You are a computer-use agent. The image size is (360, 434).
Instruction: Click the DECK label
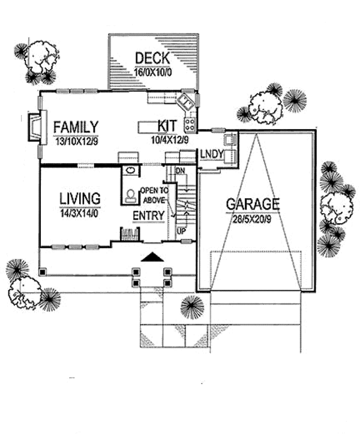pyautogui.click(x=152, y=58)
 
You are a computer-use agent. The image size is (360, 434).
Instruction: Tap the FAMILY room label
pyautogui.click(x=76, y=127)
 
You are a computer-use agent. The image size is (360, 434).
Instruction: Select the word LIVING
pyautogui.click(x=80, y=198)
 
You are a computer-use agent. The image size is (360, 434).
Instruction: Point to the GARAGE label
pyautogui.click(x=253, y=203)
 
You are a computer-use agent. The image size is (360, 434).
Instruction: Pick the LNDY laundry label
pyautogui.click(x=212, y=154)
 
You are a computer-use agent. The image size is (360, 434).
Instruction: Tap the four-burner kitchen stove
pyautogui.click(x=190, y=124)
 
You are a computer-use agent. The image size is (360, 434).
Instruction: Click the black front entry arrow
pyautogui.click(x=152, y=257)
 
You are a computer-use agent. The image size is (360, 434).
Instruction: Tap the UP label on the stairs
pyautogui.click(x=181, y=230)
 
